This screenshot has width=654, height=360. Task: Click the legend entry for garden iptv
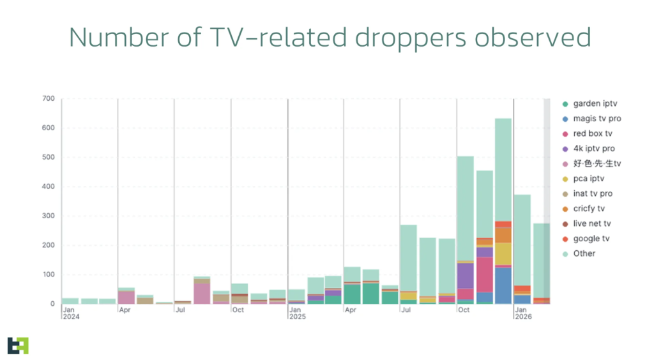[595, 103]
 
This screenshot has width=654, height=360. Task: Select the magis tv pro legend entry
[597, 119]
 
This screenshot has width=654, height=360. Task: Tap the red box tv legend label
[593, 133]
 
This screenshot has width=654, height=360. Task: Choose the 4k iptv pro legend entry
[594, 149]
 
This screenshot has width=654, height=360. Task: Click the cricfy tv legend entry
[589, 209]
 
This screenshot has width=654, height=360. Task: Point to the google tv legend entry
[591, 239]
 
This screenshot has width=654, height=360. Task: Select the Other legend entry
[584, 253]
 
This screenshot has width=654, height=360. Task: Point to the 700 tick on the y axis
[49, 99]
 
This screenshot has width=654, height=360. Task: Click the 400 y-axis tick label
[49, 186]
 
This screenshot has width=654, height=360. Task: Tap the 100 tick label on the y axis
[49, 274]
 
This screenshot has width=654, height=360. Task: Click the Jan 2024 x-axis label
[70, 313]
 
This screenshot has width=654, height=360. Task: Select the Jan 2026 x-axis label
[522, 313]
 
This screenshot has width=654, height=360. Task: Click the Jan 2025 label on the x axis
[296, 313]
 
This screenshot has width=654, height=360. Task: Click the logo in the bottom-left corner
[18, 345]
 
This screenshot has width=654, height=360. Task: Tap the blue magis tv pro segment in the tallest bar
[503, 285]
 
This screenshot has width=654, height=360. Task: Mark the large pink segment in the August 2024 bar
[202, 293]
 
